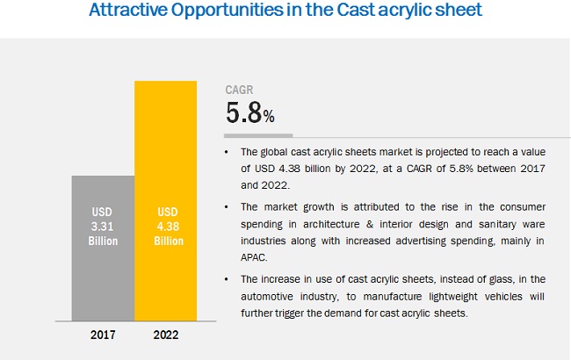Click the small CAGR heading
(x=239, y=90)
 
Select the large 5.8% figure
(x=250, y=113)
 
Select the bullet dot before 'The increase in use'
(x=229, y=280)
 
